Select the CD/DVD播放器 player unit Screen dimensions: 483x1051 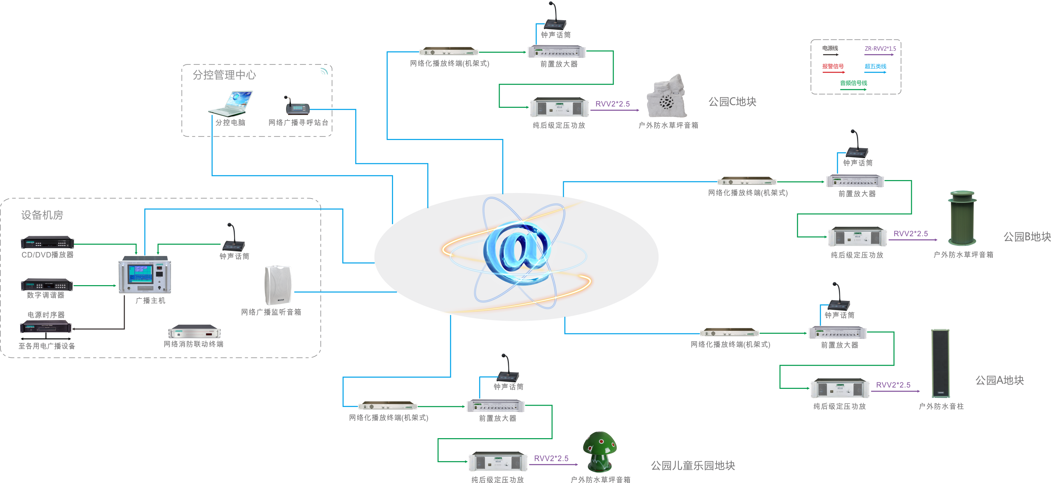(47, 242)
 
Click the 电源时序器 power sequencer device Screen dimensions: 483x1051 (46, 327)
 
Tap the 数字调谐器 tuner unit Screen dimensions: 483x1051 (47, 284)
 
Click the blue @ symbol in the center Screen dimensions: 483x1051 (516, 252)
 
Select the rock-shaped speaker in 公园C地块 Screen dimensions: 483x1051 (667, 97)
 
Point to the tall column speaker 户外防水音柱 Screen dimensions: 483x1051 (940, 363)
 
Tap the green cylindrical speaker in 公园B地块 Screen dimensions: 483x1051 (962, 218)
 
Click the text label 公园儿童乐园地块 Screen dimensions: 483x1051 (693, 466)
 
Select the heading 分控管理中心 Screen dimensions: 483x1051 (224, 75)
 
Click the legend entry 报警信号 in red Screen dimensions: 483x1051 (833, 66)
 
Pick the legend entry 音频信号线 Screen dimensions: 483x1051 (853, 83)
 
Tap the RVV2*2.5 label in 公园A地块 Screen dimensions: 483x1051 (893, 385)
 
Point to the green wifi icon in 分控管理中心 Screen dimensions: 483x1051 (324, 72)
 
